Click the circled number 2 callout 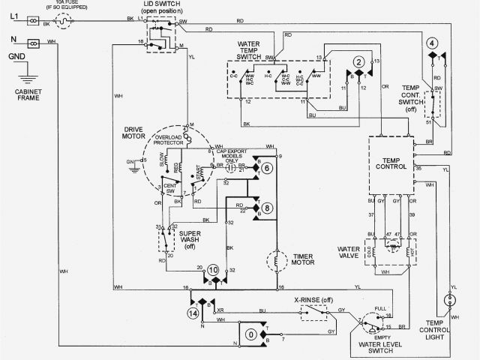359,61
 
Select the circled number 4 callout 432,43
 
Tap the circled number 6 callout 266,168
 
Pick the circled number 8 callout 266,208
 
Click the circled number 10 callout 213,269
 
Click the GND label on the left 15,56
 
